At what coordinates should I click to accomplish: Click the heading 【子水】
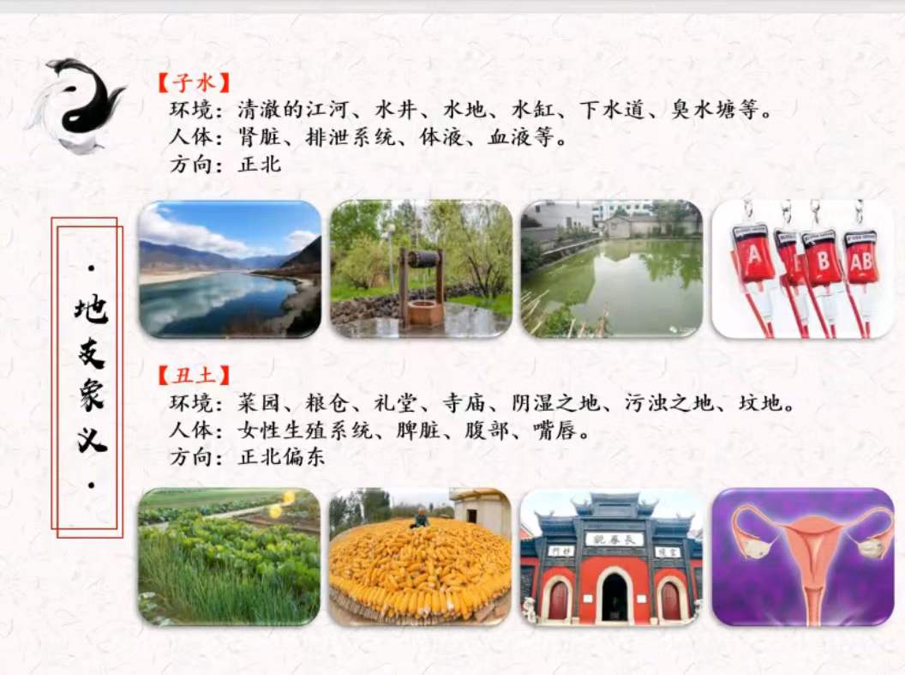194,82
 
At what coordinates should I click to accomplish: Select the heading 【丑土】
194,375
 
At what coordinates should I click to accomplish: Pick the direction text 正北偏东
282,457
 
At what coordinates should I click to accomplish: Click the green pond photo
611,268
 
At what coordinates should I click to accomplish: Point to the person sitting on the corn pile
419,518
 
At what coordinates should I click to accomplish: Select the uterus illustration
802,557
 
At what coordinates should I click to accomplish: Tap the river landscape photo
230,268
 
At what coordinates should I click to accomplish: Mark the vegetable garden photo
229,557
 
